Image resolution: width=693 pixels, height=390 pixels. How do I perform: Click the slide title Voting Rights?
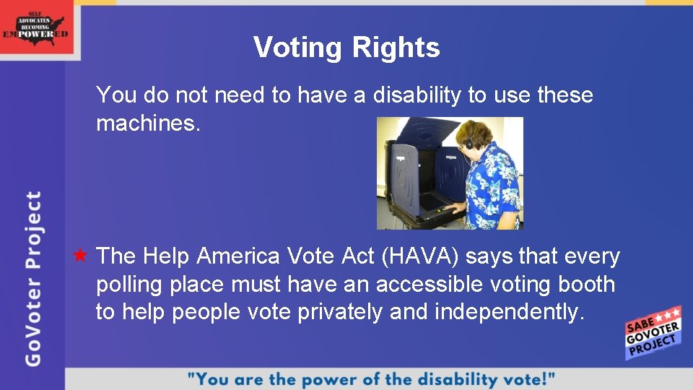point(346,48)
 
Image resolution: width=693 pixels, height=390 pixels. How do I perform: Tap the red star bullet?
point(80,256)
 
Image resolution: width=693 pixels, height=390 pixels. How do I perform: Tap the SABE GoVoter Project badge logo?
point(653,333)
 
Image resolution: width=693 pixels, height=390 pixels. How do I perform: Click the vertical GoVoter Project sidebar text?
point(33,278)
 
